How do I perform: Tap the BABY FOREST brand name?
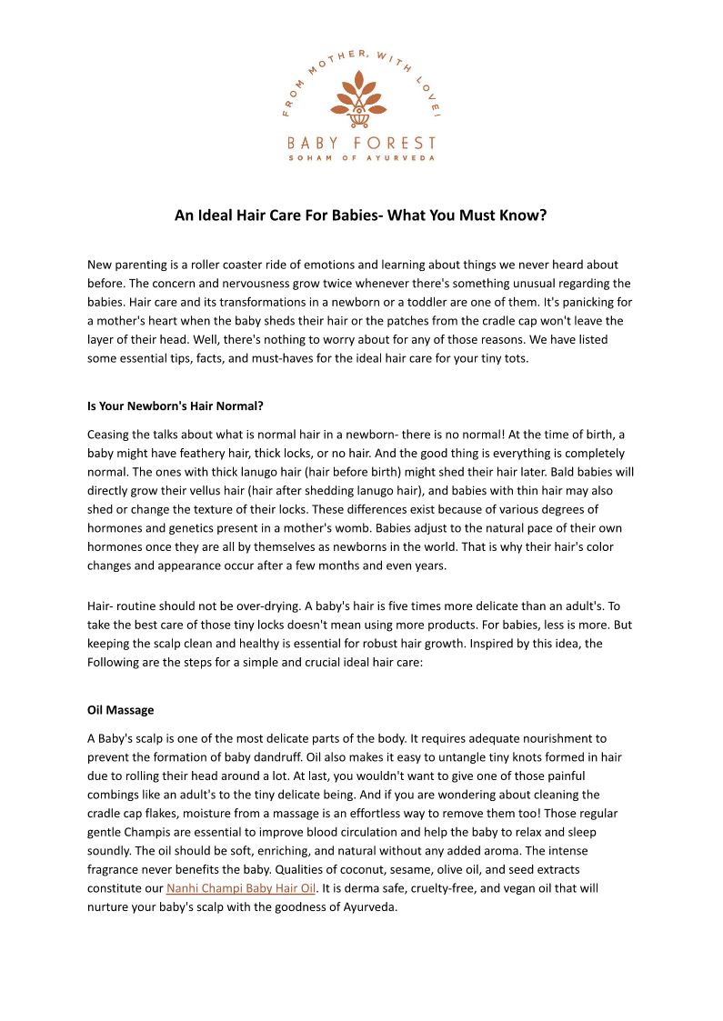[x=361, y=143]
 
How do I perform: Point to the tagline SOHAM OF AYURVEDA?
[x=361, y=158]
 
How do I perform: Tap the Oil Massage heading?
[x=120, y=710]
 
